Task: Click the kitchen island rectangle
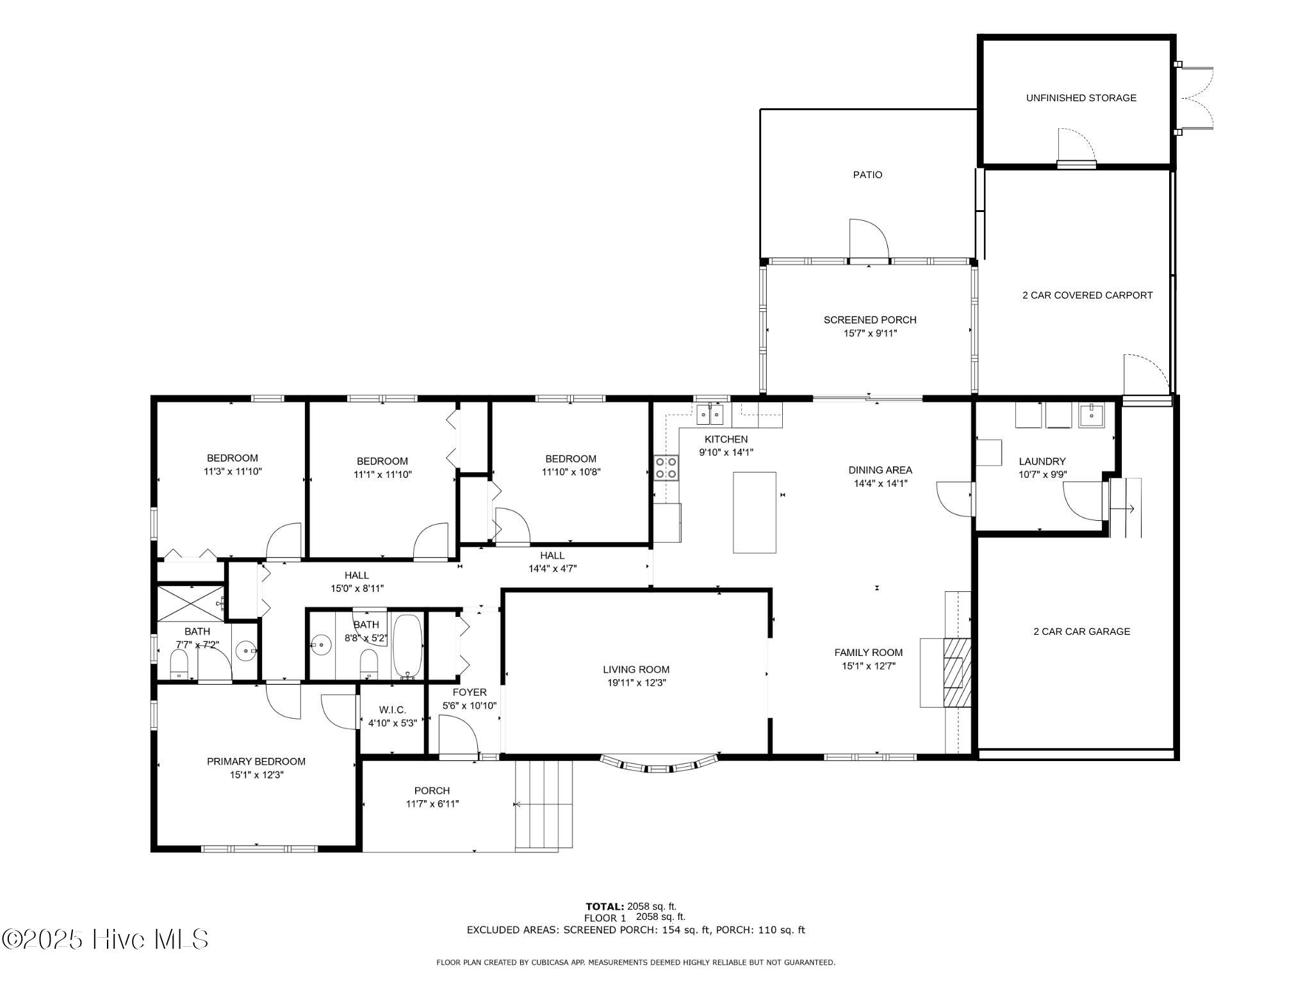(755, 512)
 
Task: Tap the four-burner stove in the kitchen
(666, 468)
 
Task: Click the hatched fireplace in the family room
(953, 672)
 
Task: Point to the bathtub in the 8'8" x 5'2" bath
(407, 646)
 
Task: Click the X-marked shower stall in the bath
(191, 602)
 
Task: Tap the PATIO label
(867, 175)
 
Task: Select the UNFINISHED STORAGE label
(1081, 98)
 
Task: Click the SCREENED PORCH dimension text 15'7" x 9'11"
(870, 333)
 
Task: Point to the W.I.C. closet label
(392, 710)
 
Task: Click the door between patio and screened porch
(868, 240)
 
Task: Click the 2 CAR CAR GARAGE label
(1081, 632)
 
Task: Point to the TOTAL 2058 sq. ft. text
(631, 906)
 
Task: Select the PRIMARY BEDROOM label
(256, 762)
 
